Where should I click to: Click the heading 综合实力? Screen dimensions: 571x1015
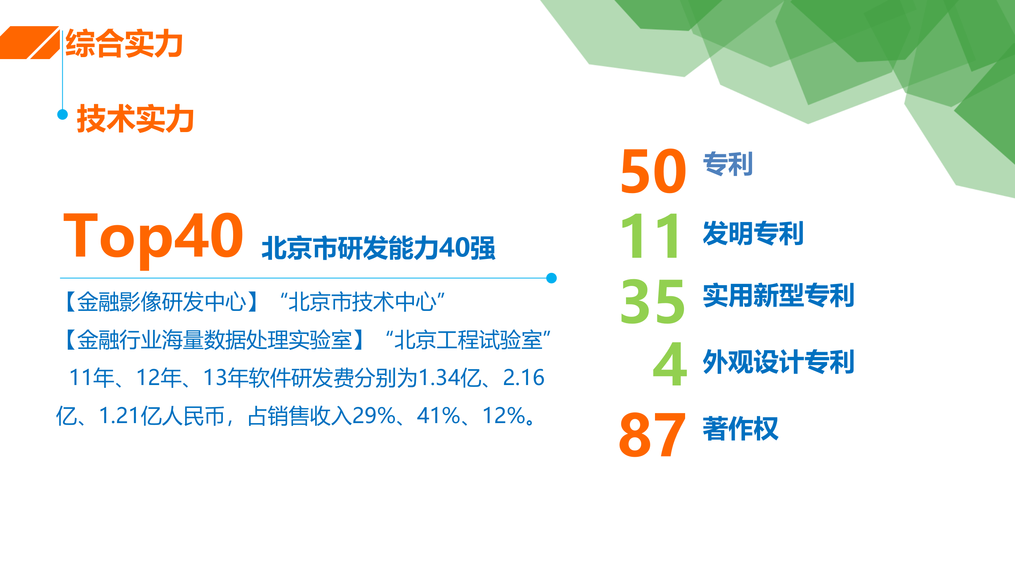click(x=124, y=44)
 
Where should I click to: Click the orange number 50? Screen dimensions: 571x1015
click(x=653, y=171)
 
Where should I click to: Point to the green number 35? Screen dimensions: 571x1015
click(x=653, y=301)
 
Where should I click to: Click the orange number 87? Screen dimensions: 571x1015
click(x=652, y=434)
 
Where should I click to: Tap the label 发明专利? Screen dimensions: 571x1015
click(x=753, y=233)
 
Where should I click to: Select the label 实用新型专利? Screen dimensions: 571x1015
click(x=778, y=295)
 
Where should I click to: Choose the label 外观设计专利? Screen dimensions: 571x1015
click(x=778, y=362)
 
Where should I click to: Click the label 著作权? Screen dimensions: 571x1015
click(x=740, y=429)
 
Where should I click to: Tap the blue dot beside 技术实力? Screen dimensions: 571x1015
click(x=63, y=115)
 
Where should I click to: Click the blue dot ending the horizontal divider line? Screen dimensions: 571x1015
click(x=551, y=278)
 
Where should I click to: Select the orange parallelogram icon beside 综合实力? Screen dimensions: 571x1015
click(x=30, y=43)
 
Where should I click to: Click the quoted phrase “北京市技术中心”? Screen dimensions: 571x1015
click(x=362, y=302)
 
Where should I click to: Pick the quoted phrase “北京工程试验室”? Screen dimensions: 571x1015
click(x=468, y=340)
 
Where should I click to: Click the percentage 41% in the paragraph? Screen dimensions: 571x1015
click(x=438, y=416)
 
